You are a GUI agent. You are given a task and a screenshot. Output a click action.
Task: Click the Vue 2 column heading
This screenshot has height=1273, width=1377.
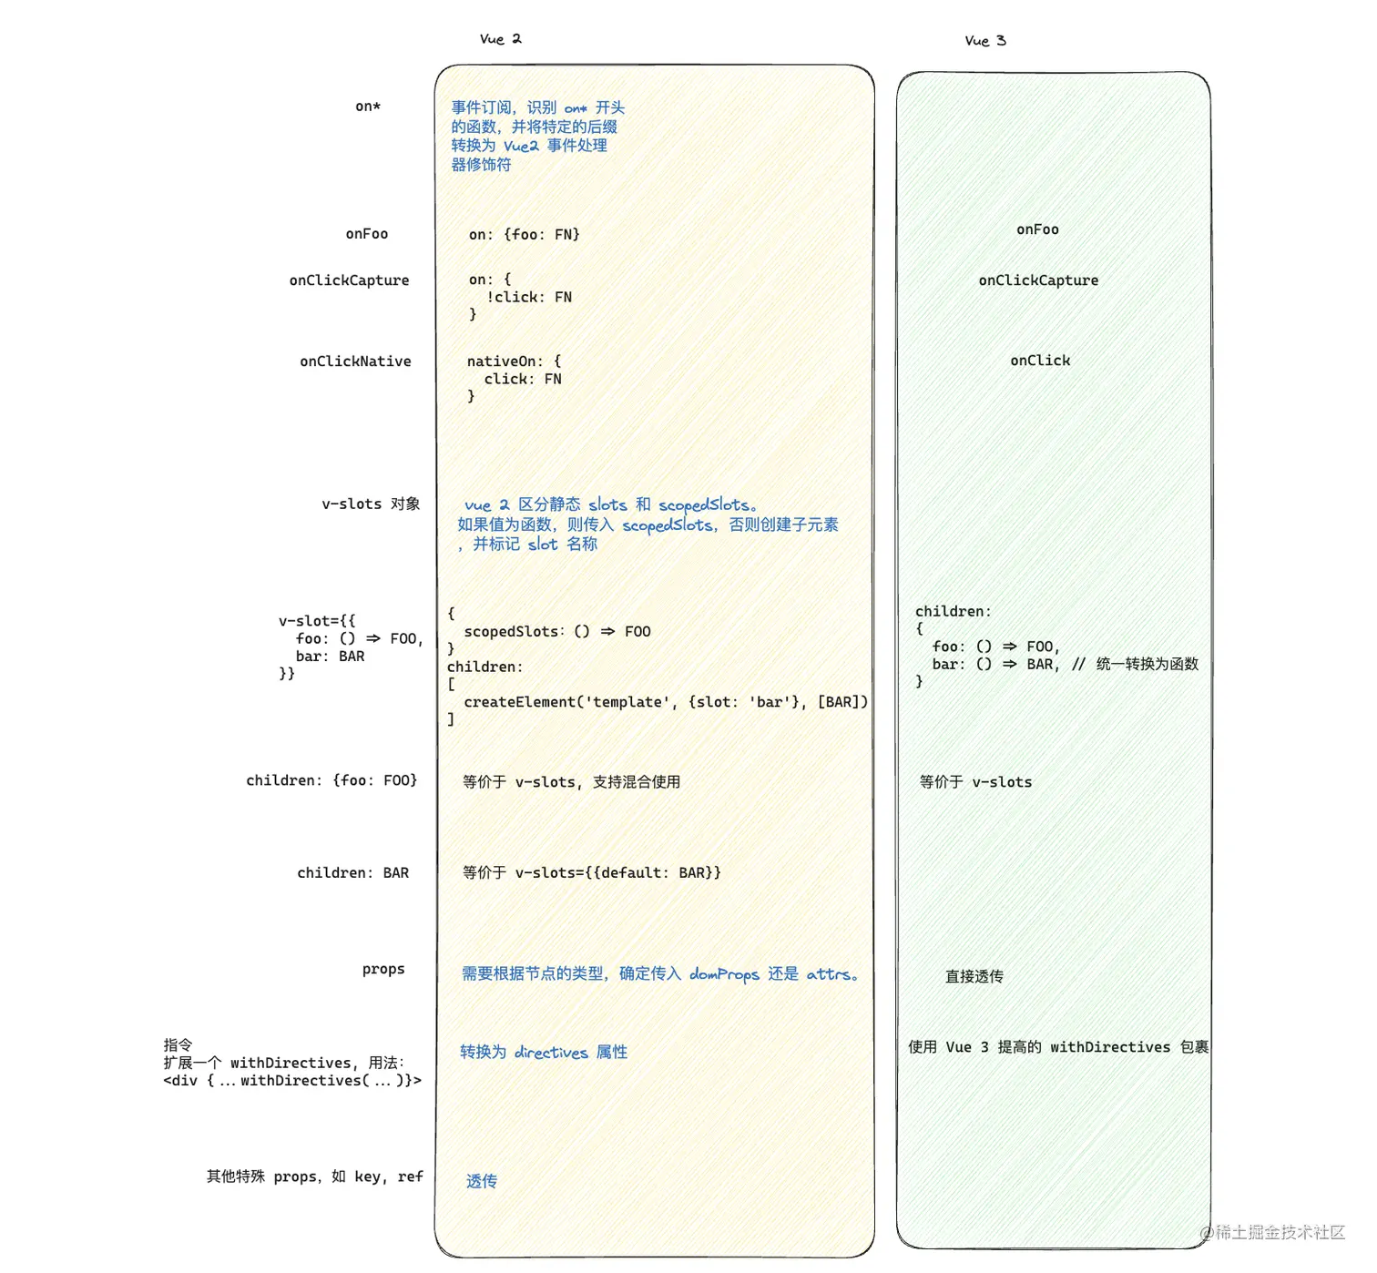click(500, 39)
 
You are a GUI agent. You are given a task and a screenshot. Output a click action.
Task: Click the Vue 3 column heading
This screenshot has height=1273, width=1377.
click(984, 41)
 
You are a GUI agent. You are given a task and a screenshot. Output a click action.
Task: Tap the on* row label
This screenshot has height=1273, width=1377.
click(368, 107)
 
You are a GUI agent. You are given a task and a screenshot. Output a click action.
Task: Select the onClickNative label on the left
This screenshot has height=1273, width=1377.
click(355, 362)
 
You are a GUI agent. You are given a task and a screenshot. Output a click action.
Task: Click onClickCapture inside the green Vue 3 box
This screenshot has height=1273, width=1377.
click(1038, 280)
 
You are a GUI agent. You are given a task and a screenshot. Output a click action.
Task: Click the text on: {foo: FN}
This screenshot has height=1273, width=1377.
click(524, 234)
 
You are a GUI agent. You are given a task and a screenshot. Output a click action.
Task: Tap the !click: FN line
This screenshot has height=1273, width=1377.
click(529, 297)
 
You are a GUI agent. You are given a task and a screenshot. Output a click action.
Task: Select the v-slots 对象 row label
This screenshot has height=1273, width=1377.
click(371, 504)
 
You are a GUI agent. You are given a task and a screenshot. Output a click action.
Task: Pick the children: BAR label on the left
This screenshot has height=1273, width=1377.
click(352, 872)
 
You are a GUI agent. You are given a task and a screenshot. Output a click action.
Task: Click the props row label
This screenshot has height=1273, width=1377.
click(383, 969)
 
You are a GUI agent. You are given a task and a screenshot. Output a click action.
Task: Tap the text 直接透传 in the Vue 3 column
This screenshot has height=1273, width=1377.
click(974, 976)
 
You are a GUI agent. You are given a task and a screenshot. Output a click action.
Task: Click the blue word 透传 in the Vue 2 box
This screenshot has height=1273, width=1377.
click(482, 1181)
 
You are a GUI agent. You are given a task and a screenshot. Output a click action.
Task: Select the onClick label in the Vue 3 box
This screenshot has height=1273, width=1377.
click(1040, 361)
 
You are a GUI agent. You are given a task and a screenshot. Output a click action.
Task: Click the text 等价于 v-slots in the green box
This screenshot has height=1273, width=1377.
click(975, 782)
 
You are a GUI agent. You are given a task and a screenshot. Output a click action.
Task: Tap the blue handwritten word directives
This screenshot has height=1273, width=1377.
click(551, 1053)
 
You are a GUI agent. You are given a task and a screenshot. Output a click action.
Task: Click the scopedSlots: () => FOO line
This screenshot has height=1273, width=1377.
click(556, 632)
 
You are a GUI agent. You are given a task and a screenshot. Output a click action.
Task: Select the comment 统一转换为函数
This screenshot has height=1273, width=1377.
click(1147, 664)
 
